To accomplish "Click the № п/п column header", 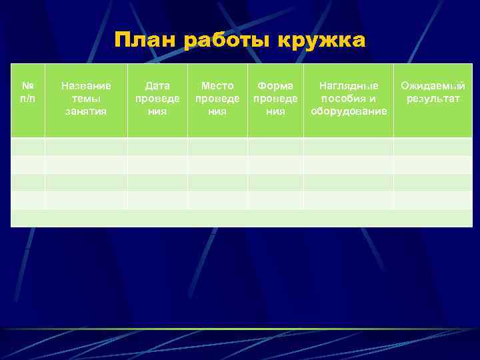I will point(28,92).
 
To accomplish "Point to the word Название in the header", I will point(86,86).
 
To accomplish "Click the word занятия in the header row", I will point(86,111).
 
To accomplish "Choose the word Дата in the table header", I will point(157,86).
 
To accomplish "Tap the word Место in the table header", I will point(217,86).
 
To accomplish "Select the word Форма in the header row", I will point(275,86).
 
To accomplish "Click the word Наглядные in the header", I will point(349,86).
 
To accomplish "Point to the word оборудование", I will point(349,111).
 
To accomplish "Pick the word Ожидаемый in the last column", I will point(433,86).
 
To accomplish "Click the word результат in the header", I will point(433,99).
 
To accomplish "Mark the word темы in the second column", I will point(86,99).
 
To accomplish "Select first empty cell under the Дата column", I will point(157,147).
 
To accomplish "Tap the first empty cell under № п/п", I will point(28,147).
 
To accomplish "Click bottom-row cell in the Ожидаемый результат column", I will point(433,218).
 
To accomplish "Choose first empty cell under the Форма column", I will point(275,147).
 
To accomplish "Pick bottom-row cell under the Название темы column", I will point(86,218).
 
